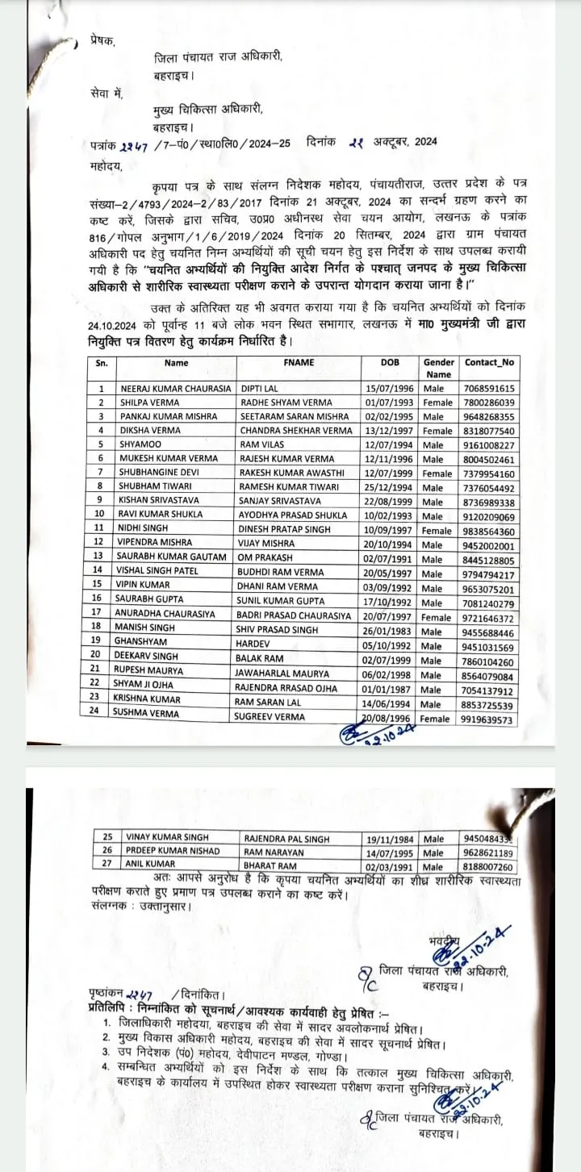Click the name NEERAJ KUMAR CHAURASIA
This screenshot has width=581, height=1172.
pyautogui.click(x=174, y=388)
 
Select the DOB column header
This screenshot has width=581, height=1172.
pyautogui.click(x=390, y=363)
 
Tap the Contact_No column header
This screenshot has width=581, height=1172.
pyautogui.click(x=489, y=363)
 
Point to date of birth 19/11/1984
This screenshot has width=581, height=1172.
pyautogui.click(x=391, y=839)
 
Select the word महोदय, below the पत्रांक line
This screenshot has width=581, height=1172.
pyautogui.click(x=107, y=165)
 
